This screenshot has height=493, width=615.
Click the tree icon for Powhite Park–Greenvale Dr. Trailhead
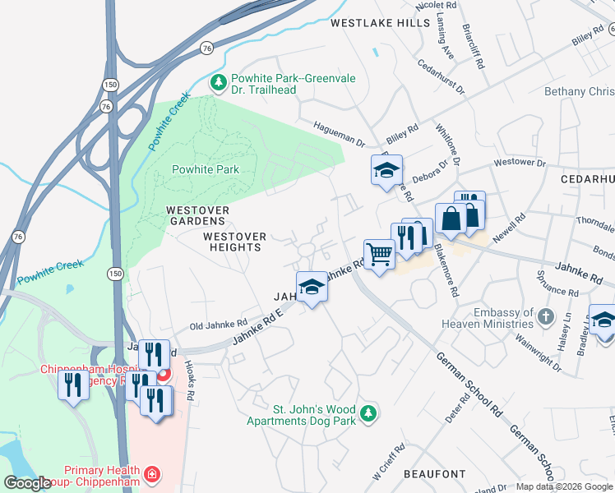219,81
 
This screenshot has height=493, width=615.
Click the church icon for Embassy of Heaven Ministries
545,316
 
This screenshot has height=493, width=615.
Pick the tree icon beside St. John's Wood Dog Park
369,412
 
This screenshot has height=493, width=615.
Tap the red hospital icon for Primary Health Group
151,475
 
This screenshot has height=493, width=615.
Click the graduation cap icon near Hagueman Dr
386,170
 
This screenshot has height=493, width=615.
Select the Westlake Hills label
380,24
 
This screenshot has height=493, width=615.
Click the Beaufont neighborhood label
435,474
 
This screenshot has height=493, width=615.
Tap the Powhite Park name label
205,170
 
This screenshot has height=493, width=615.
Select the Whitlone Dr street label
457,145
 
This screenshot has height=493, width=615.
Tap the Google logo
27,482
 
